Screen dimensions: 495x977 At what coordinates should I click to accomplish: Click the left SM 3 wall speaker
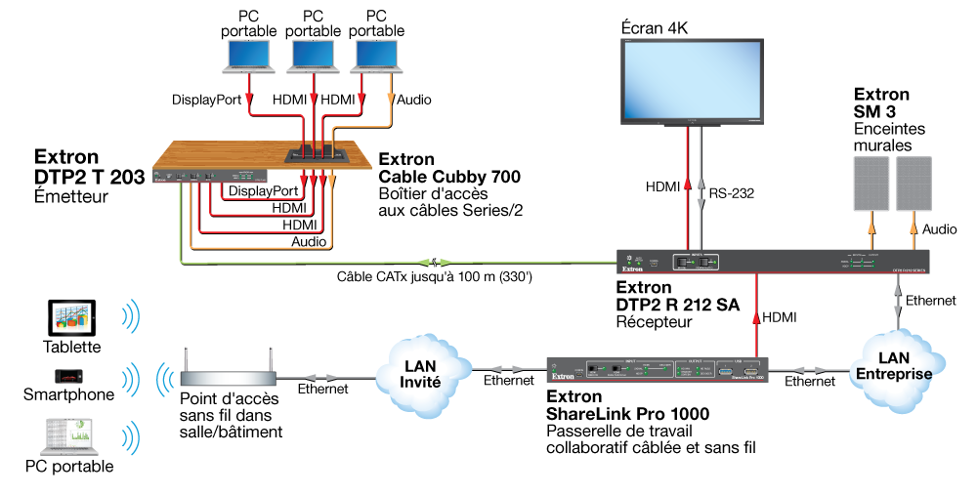(872, 186)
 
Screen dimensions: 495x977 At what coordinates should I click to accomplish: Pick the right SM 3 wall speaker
(915, 186)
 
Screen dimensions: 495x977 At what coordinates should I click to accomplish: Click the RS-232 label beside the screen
(733, 193)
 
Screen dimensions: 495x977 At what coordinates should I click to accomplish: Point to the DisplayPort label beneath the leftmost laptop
(206, 100)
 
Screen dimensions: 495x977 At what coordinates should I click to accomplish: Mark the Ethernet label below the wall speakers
(930, 301)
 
